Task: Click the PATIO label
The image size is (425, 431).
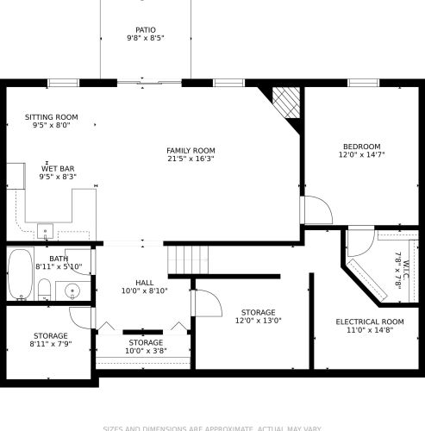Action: click(x=145, y=29)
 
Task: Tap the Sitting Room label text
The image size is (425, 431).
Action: click(x=51, y=116)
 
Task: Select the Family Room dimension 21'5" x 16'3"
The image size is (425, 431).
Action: click(x=191, y=159)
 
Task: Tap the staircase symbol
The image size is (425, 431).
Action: click(x=189, y=257)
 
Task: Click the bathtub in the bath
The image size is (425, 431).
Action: click(x=19, y=274)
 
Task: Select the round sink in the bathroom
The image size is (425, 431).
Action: click(x=73, y=290)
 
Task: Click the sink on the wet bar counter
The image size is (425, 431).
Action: click(x=45, y=230)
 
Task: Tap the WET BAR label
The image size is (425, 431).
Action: click(x=57, y=168)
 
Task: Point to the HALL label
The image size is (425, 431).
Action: click(x=144, y=282)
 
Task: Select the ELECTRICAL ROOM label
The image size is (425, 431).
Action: click(x=369, y=322)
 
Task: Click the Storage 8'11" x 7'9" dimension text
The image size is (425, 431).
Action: click(x=51, y=344)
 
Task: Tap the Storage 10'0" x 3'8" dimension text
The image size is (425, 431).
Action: click(x=144, y=351)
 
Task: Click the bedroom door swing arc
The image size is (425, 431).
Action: click(x=315, y=210)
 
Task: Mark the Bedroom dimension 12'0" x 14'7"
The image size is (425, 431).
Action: click(x=359, y=156)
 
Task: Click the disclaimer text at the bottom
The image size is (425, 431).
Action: click(x=212, y=427)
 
